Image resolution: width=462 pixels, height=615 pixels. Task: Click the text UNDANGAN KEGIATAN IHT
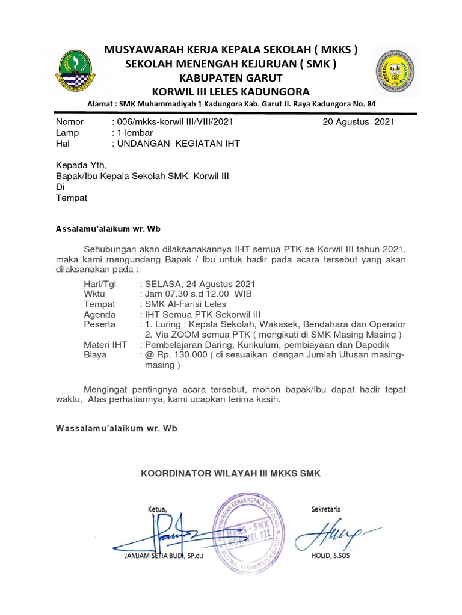tap(177, 144)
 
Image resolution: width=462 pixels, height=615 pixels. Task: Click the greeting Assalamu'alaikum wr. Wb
tap(108, 229)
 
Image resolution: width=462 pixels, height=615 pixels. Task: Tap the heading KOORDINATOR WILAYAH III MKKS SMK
tap(231, 474)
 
